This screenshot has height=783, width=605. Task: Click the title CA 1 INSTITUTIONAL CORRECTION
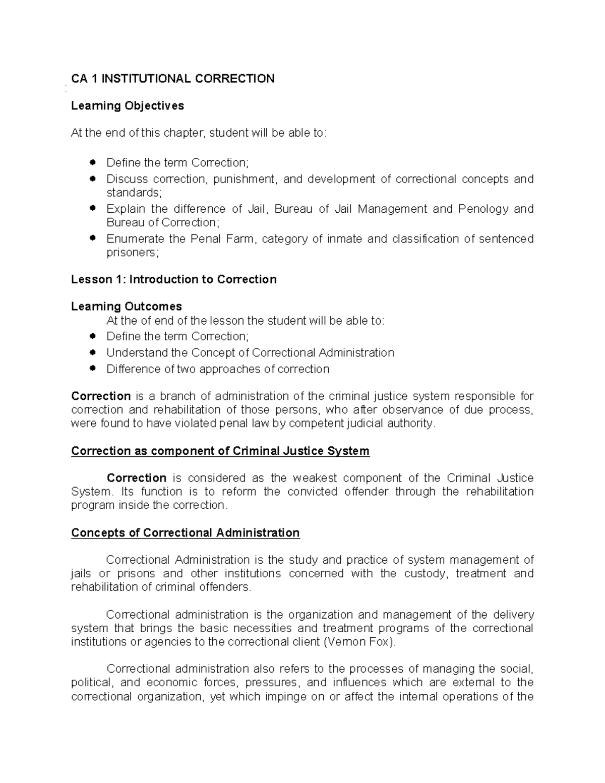coord(173,79)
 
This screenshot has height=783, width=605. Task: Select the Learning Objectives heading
coord(128,106)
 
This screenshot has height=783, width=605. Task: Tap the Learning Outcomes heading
coord(127,307)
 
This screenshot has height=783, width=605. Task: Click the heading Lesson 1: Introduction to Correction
coord(174,279)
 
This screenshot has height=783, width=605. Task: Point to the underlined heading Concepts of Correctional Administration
coord(186,533)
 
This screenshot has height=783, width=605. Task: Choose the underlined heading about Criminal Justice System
coord(220,451)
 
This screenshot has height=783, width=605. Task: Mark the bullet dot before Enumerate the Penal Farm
coord(92,237)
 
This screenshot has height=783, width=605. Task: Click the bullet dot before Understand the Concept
coord(92,352)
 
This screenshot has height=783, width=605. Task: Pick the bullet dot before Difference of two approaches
coord(92,369)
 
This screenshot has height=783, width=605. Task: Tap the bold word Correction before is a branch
coord(101,396)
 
